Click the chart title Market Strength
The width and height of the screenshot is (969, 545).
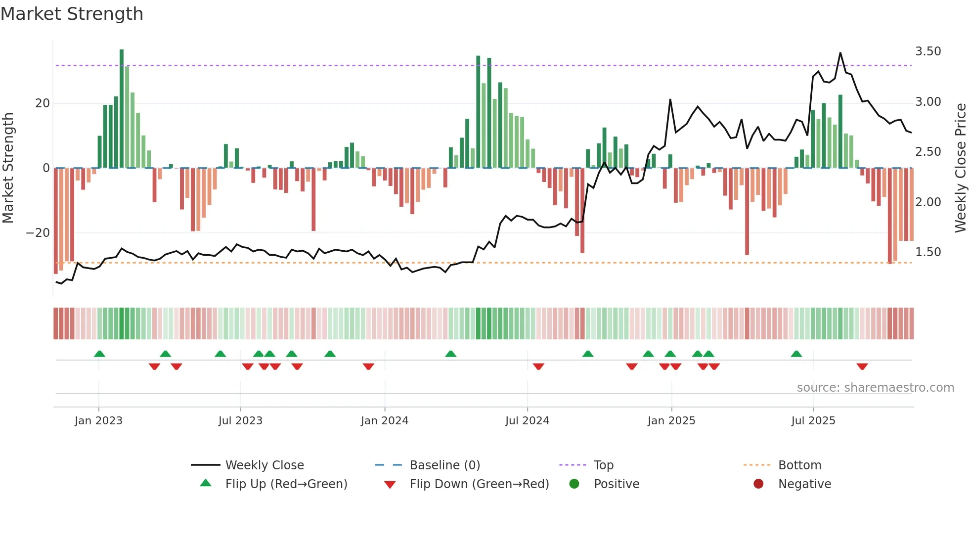coord(72,14)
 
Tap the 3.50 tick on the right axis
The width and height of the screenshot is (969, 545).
coord(927,51)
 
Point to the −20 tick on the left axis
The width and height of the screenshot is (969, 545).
coord(38,233)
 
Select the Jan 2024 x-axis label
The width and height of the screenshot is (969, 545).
coord(384,421)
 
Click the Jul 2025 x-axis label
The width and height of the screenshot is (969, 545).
coord(813,421)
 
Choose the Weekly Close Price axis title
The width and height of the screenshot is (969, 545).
coord(960,168)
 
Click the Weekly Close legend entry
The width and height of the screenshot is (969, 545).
coord(264,465)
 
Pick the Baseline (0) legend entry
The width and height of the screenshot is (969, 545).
coord(444,465)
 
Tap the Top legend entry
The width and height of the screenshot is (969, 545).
coord(603,465)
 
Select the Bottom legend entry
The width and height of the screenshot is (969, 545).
coord(799,465)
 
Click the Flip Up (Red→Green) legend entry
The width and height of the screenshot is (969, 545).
coord(286,484)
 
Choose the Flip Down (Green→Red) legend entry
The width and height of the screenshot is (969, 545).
coord(479,484)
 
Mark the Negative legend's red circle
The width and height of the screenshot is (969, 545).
coord(758,484)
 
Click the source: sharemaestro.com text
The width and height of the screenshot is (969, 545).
coord(875,388)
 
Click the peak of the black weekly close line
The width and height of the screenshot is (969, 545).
coord(840,53)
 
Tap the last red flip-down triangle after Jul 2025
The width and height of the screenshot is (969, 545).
coord(862,366)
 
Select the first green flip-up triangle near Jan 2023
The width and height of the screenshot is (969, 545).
coord(99,354)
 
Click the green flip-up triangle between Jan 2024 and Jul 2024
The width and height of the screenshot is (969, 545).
coord(450,354)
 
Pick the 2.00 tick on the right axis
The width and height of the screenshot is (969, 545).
coord(927,202)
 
